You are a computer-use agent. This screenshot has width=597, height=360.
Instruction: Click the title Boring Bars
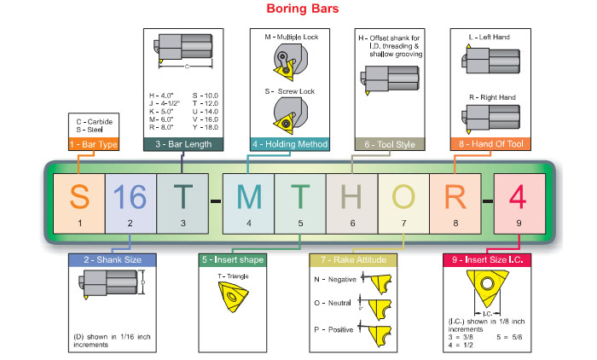pos(290,9)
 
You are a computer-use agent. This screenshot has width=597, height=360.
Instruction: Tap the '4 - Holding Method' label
pos(290,145)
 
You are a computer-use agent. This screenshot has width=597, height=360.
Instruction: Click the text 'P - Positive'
pos(333,328)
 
